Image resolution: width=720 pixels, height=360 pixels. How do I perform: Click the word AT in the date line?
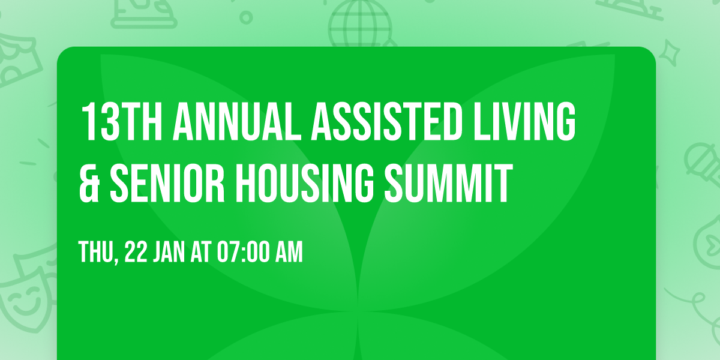point(201,253)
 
